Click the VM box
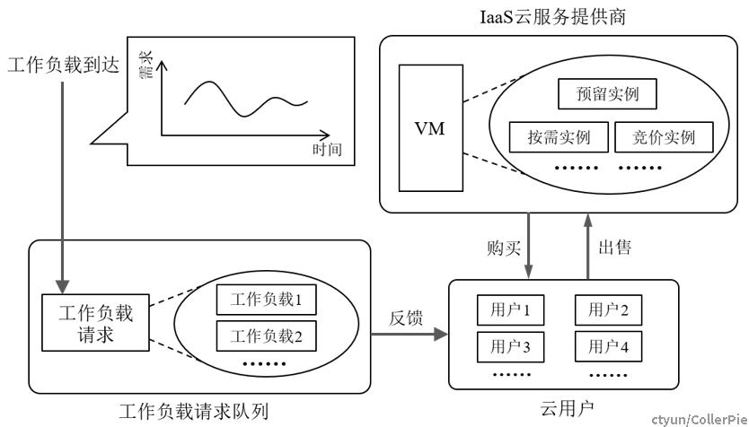(431, 128)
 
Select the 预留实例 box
(607, 94)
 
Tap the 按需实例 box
(559, 137)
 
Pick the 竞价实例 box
(664, 137)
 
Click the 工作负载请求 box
(95, 323)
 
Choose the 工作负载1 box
(266, 300)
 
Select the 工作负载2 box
(266, 335)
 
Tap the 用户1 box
(510, 310)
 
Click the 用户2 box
(608, 310)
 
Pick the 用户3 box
(510, 347)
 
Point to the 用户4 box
(608, 347)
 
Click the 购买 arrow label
(504, 248)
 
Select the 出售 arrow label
(615, 247)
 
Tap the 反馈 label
(406, 318)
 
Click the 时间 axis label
(327, 149)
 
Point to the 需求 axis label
(145, 65)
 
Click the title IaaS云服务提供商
(552, 17)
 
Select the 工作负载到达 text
(63, 65)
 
